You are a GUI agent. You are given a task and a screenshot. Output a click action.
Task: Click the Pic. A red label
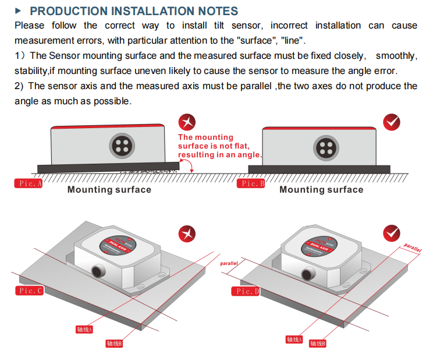point(29,183)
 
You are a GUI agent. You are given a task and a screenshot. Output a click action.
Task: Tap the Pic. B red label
point(251,183)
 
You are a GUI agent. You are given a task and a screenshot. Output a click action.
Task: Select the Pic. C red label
point(30,291)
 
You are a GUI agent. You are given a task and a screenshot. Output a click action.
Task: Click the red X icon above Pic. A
point(187,122)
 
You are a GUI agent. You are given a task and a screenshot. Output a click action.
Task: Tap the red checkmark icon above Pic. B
point(392,122)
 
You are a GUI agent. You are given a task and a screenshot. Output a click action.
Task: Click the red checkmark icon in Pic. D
point(391,234)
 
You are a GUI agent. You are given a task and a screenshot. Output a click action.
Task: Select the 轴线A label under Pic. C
point(84,329)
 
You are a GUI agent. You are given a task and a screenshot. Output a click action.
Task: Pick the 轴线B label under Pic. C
point(113,344)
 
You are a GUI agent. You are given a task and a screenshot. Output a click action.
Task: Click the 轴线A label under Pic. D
point(294,339)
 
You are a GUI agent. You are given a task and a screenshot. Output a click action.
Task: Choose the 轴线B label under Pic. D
point(317,344)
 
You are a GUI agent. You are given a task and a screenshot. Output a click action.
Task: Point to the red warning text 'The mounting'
point(205,137)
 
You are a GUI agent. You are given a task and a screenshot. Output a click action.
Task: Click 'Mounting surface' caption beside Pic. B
point(321,189)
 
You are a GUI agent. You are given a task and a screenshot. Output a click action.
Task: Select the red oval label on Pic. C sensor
point(121,244)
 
